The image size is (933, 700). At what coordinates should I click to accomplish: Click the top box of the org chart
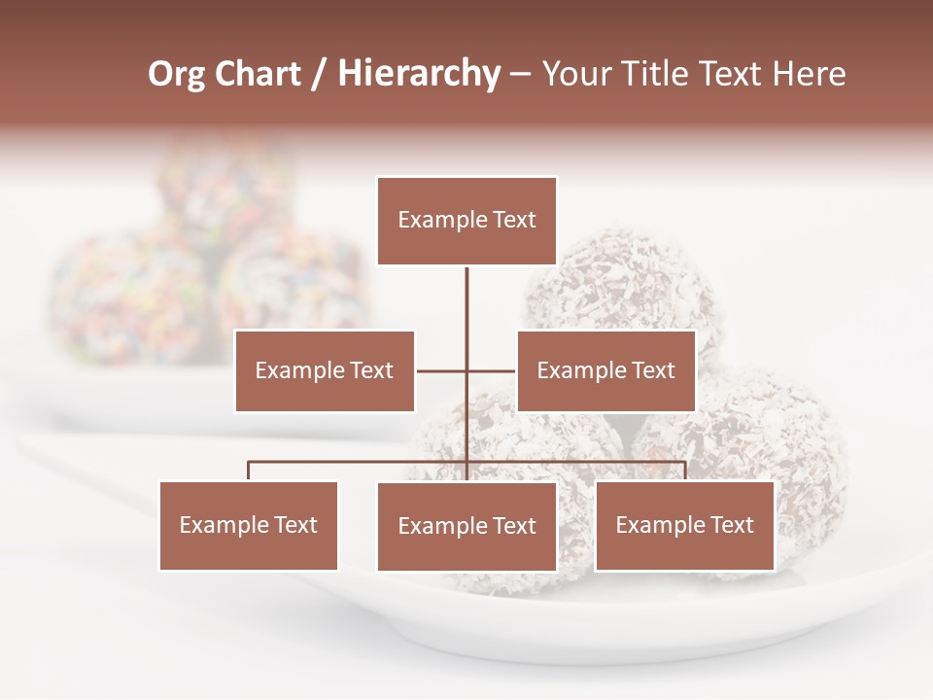(x=466, y=221)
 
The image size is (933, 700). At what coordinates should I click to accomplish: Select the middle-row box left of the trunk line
(x=325, y=370)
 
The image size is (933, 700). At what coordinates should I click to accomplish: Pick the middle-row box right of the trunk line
(x=605, y=370)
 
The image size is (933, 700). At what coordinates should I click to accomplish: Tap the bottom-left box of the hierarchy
(x=249, y=525)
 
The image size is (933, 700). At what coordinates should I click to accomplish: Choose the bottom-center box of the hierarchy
(x=466, y=526)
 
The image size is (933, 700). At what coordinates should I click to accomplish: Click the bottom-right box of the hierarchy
(x=684, y=525)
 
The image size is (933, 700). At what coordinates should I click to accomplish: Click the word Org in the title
(x=177, y=74)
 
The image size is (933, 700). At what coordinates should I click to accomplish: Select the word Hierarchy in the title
(x=419, y=74)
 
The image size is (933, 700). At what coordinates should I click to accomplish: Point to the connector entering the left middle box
(x=439, y=370)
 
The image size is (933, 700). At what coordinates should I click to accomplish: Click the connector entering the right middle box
(x=493, y=370)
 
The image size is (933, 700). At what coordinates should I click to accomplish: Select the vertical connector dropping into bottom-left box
(x=249, y=471)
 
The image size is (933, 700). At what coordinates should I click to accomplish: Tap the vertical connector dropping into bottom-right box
(x=684, y=471)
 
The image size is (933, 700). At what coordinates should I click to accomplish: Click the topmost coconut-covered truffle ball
(x=622, y=287)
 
